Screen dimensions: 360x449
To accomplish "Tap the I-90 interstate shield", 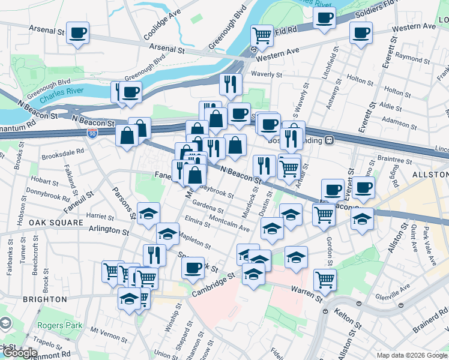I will click(92, 131).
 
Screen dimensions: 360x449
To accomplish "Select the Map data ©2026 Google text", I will click(411, 355).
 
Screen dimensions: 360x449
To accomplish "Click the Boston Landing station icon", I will click(330, 140).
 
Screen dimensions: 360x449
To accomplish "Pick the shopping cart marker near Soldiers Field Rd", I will click(262, 34).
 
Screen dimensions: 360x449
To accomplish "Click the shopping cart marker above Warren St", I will click(325, 278).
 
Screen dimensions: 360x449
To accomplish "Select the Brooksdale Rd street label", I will click(63, 153).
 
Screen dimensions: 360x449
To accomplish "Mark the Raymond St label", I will click(410, 59).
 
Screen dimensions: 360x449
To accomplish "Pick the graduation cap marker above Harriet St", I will click(148, 213).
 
